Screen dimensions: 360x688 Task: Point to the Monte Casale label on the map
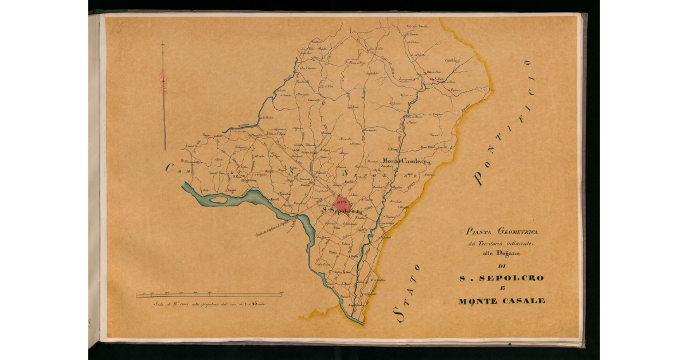coord(405,161)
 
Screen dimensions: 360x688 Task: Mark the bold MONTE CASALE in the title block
coord(502,301)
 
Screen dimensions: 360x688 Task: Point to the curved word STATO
coord(408,293)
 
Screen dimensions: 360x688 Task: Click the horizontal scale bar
coord(209,295)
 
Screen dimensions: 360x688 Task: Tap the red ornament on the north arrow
coord(163,82)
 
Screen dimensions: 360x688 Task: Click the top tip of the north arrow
coord(163,42)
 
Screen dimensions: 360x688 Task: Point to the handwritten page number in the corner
coord(116,27)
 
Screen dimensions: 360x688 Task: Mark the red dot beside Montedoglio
coord(181,161)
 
